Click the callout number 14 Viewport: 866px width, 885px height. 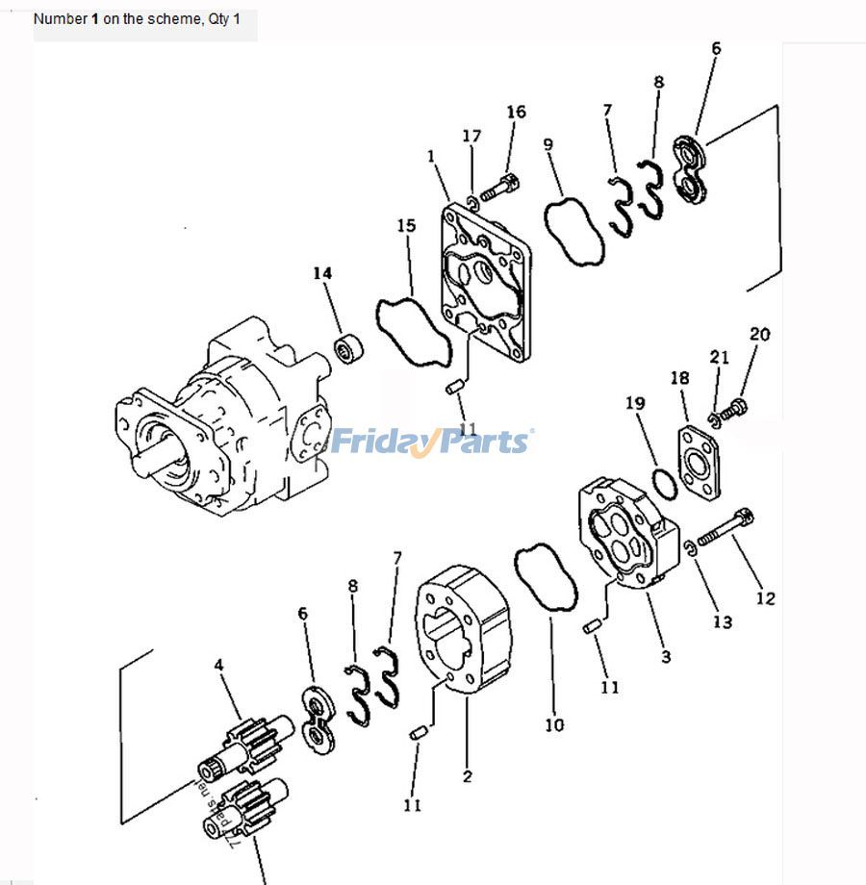coord(321,274)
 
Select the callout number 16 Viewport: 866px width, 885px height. coord(516,113)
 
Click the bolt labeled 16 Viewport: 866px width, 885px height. coord(498,187)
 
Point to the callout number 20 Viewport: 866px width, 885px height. coord(759,335)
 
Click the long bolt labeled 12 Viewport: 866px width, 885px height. coord(724,528)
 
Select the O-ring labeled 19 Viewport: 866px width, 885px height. coord(664,483)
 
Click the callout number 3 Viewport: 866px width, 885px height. coord(666,657)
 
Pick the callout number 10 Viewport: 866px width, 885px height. coord(554,724)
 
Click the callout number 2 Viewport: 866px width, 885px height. coord(467,775)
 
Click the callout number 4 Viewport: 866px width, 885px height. coord(219,664)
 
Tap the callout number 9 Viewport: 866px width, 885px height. coord(548,145)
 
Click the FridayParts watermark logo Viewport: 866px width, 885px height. coord(430,442)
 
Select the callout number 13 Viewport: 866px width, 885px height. coord(722,621)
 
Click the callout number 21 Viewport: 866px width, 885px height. coord(720,358)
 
